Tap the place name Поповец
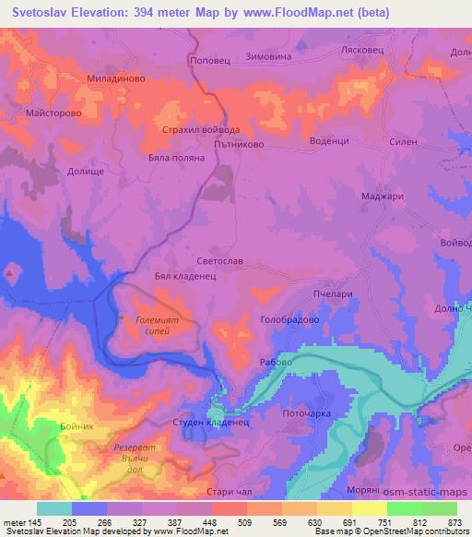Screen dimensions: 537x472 [206, 57]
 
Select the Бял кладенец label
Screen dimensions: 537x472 [185, 276]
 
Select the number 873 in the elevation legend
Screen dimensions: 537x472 [453, 522]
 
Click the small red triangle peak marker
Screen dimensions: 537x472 [10, 272]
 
